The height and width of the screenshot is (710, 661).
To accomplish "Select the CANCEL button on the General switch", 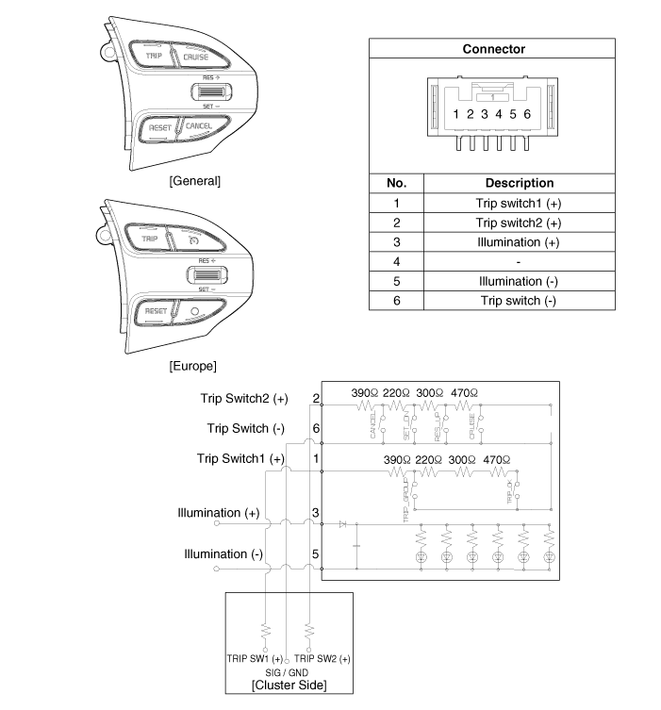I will [x=197, y=125].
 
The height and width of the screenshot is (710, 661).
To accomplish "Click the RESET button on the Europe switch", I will [x=156, y=310].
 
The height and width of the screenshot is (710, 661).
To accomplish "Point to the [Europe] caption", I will [x=192, y=364].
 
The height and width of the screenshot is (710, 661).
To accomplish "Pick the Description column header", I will [x=519, y=183].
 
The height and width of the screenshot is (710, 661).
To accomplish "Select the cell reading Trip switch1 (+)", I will [x=519, y=203].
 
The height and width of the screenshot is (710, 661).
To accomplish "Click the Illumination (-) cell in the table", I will [x=519, y=281].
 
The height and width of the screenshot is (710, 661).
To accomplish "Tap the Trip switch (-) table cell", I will [x=519, y=301].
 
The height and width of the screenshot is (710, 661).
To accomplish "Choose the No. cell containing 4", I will [x=397, y=261].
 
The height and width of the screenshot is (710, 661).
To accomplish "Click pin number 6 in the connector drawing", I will [x=527, y=114].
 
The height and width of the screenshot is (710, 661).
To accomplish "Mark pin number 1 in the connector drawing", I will [x=455, y=114].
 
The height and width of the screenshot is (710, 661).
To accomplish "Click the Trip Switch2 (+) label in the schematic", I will [x=243, y=399].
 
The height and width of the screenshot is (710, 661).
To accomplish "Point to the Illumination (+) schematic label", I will [x=218, y=513].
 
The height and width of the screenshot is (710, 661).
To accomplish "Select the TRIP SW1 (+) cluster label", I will [x=254, y=657].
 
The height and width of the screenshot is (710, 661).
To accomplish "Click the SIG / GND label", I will [x=288, y=671].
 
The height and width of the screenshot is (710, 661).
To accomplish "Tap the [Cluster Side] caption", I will [x=288, y=685].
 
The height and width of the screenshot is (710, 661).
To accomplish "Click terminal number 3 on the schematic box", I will [x=315, y=513].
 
